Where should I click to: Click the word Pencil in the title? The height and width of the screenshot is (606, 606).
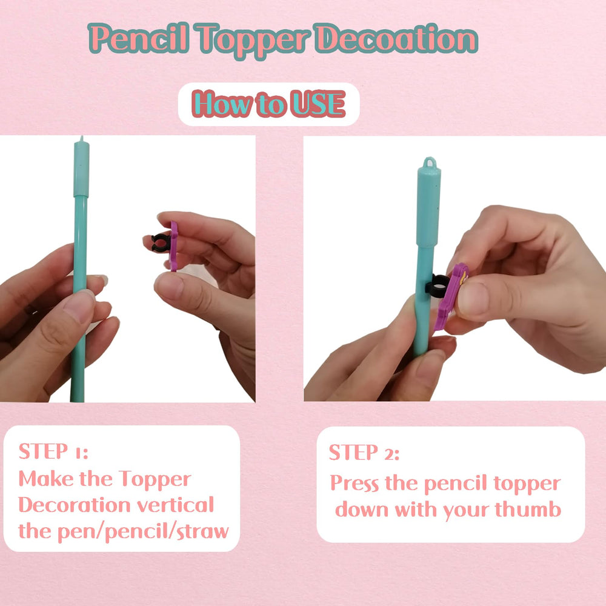point(139,38)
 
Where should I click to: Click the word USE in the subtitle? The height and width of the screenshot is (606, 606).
point(318,104)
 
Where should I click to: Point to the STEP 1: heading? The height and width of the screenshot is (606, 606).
point(53,451)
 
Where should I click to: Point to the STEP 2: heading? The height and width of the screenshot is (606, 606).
point(364,452)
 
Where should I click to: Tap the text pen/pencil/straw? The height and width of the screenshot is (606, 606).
point(142,532)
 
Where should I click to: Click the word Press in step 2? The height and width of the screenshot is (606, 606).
point(355,483)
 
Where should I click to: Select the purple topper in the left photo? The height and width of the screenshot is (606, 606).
point(173,246)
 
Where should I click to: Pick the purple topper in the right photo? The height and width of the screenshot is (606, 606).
point(451,296)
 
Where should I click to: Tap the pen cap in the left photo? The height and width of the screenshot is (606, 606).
point(82,168)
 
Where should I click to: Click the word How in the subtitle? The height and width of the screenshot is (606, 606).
point(222,104)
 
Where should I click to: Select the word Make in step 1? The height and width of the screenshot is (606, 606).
point(46,479)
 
